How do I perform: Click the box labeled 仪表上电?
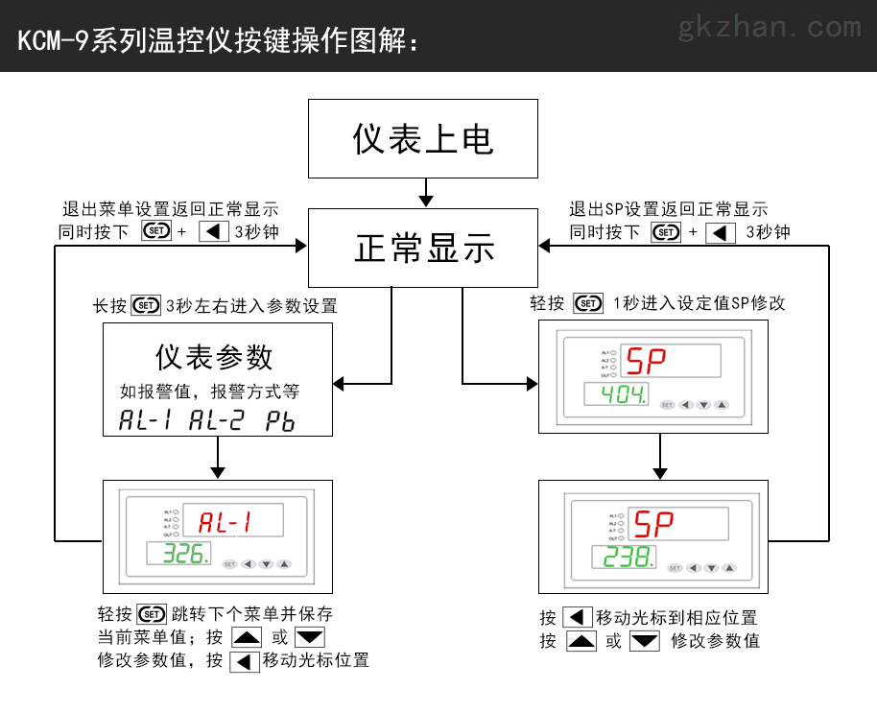(x=422, y=138)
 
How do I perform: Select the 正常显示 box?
(x=422, y=249)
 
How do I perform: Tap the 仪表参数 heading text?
(x=215, y=357)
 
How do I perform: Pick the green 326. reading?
(x=183, y=554)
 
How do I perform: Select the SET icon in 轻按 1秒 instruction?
(x=588, y=304)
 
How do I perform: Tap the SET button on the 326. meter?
(x=228, y=564)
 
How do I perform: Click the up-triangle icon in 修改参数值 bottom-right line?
(x=581, y=641)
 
